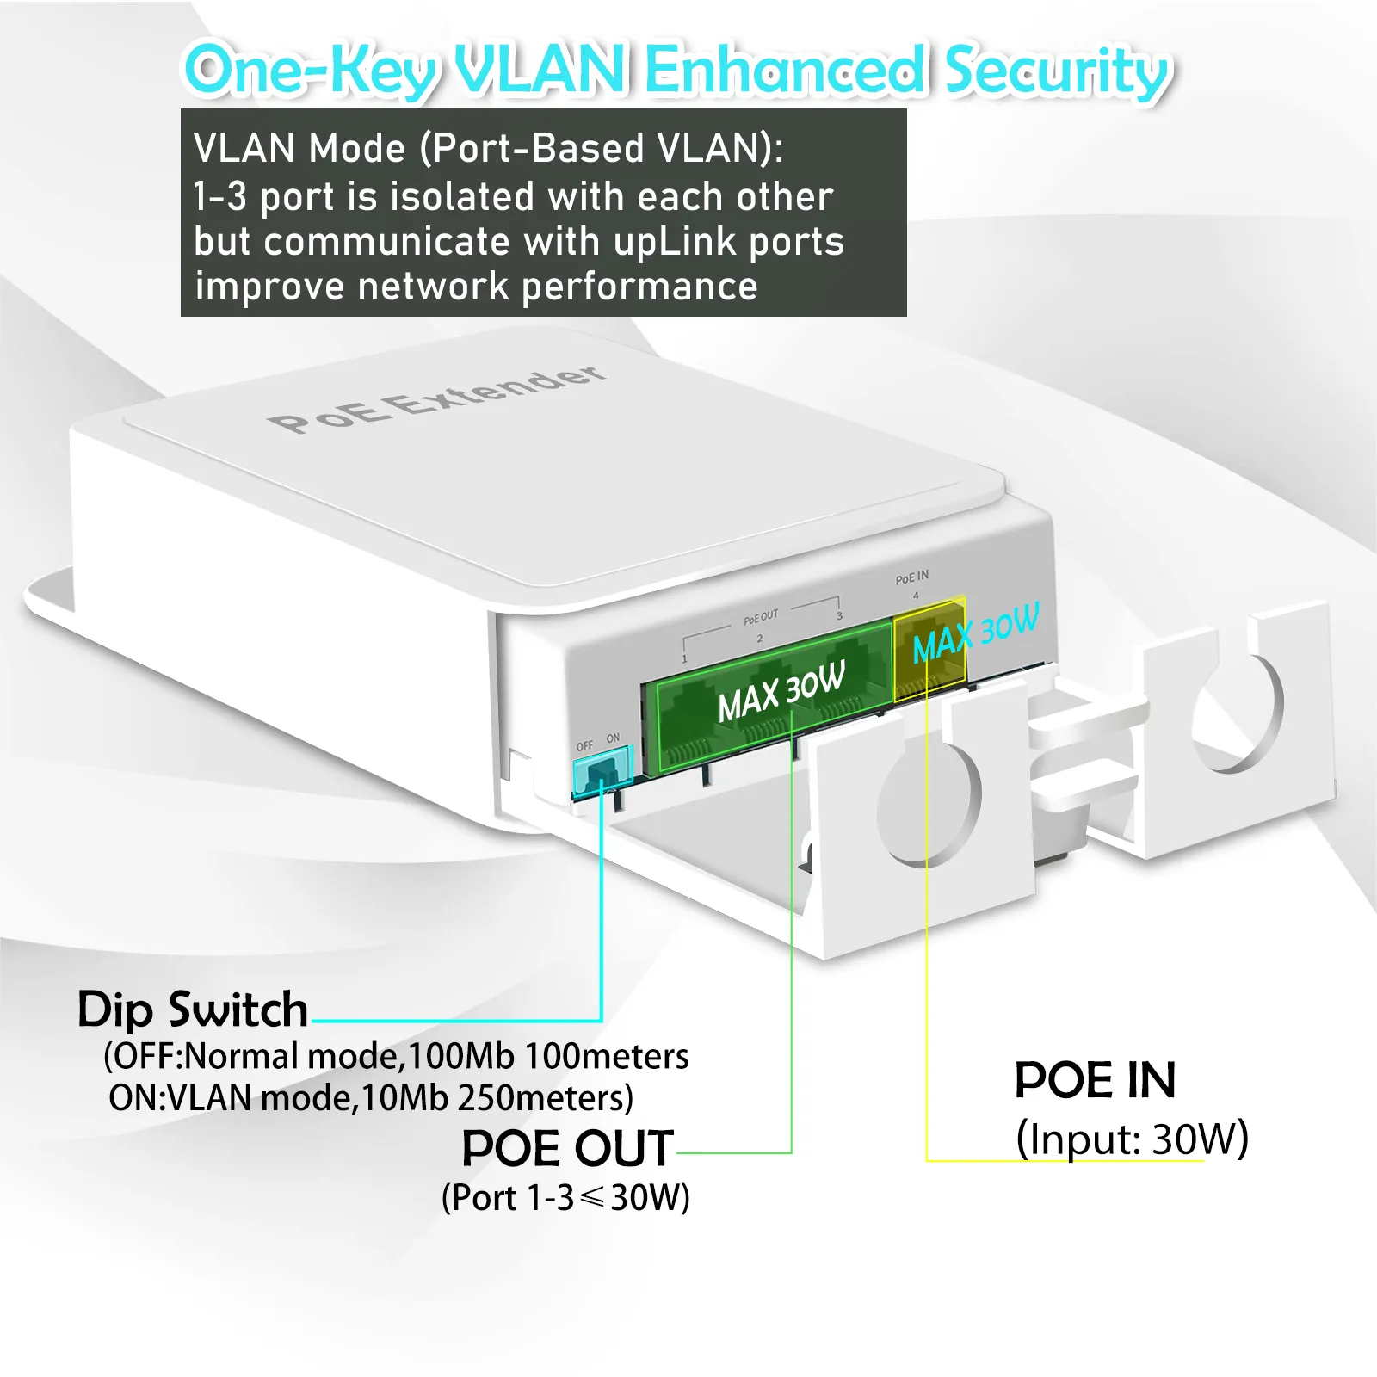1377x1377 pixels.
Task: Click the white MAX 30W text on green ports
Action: pos(781,691)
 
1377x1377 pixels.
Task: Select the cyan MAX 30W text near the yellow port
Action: pos(976,633)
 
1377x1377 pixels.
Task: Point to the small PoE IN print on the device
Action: pos(912,577)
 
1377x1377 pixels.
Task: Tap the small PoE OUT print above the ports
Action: pos(761,616)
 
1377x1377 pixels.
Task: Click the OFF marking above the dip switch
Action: pos(584,746)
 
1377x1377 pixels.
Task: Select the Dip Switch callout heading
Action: pos(193,1010)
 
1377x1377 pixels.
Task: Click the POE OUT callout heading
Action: pos(567,1148)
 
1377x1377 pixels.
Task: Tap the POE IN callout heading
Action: pos(1095,1080)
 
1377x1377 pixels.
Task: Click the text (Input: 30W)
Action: pos(1132,1139)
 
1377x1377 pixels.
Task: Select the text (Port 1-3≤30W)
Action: pos(565,1197)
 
